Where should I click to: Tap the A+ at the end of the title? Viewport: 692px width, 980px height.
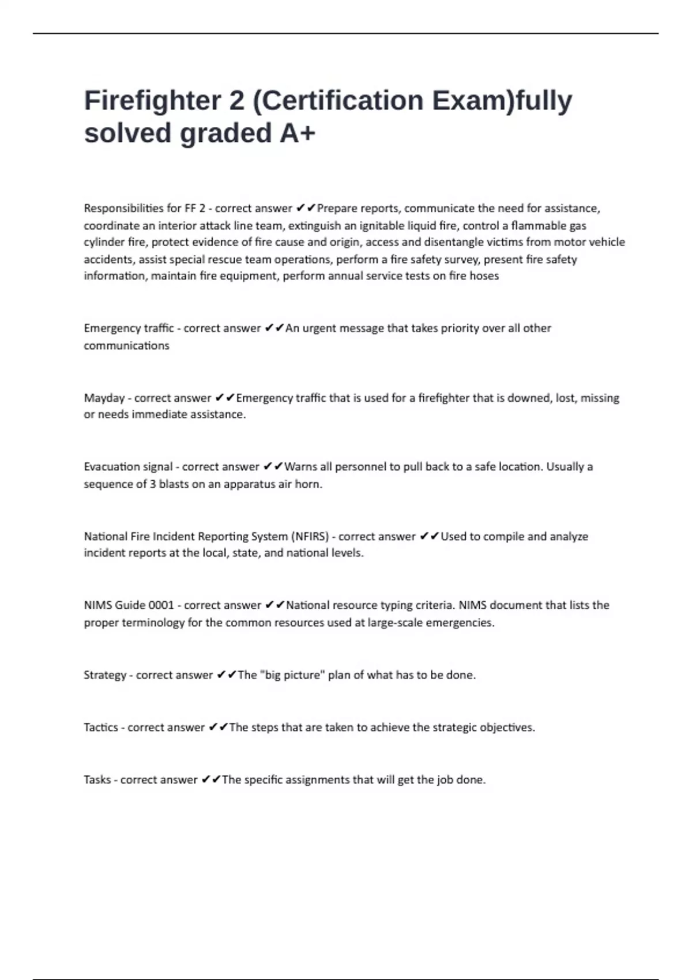click(298, 133)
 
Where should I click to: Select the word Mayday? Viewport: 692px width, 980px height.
click(104, 398)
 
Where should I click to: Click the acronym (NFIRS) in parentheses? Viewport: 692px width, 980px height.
click(310, 536)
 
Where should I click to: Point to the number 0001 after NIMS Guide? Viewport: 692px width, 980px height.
click(161, 605)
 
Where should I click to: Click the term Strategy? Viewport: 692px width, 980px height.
click(105, 675)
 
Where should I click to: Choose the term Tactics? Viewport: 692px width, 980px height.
click(101, 728)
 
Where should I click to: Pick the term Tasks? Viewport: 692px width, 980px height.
click(97, 780)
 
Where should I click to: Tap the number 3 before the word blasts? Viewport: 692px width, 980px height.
click(153, 484)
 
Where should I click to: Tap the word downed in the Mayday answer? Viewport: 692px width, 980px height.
click(529, 398)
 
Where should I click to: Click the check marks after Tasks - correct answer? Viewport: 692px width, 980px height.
click(210, 780)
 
